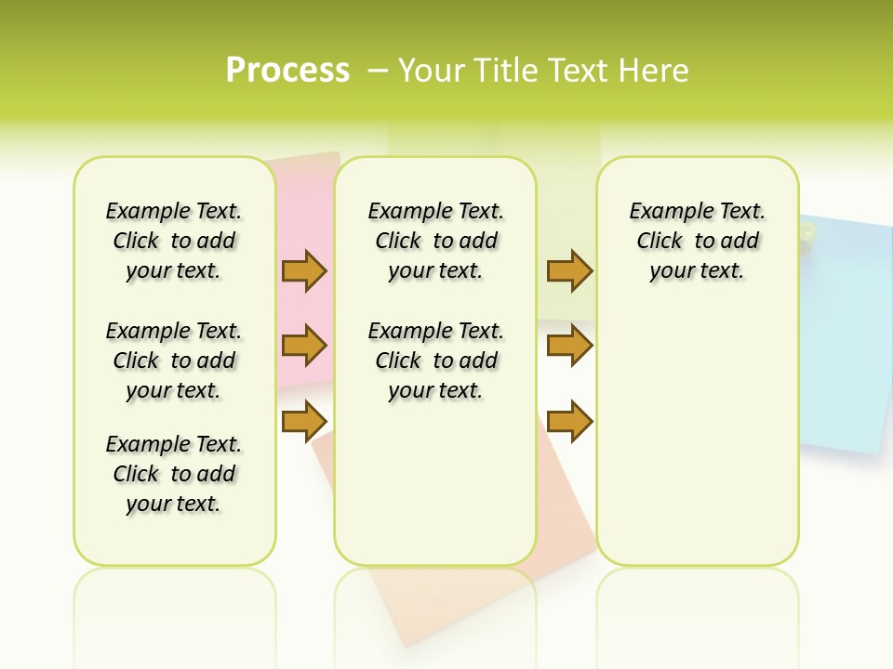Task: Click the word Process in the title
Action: coord(287,71)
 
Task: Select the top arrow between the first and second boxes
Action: coord(304,270)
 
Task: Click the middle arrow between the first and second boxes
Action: coord(304,346)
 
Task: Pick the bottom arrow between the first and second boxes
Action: coord(304,421)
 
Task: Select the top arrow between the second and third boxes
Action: coord(569,270)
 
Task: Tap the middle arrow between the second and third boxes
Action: coord(569,346)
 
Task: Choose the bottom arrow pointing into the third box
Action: coord(569,421)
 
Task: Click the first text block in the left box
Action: coord(174,241)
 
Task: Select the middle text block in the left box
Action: coord(174,361)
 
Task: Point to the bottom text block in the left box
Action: coord(174,474)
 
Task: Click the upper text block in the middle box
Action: coord(435,241)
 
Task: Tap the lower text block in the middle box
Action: coord(435,361)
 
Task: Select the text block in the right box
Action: coord(697,241)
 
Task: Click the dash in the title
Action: coord(377,71)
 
